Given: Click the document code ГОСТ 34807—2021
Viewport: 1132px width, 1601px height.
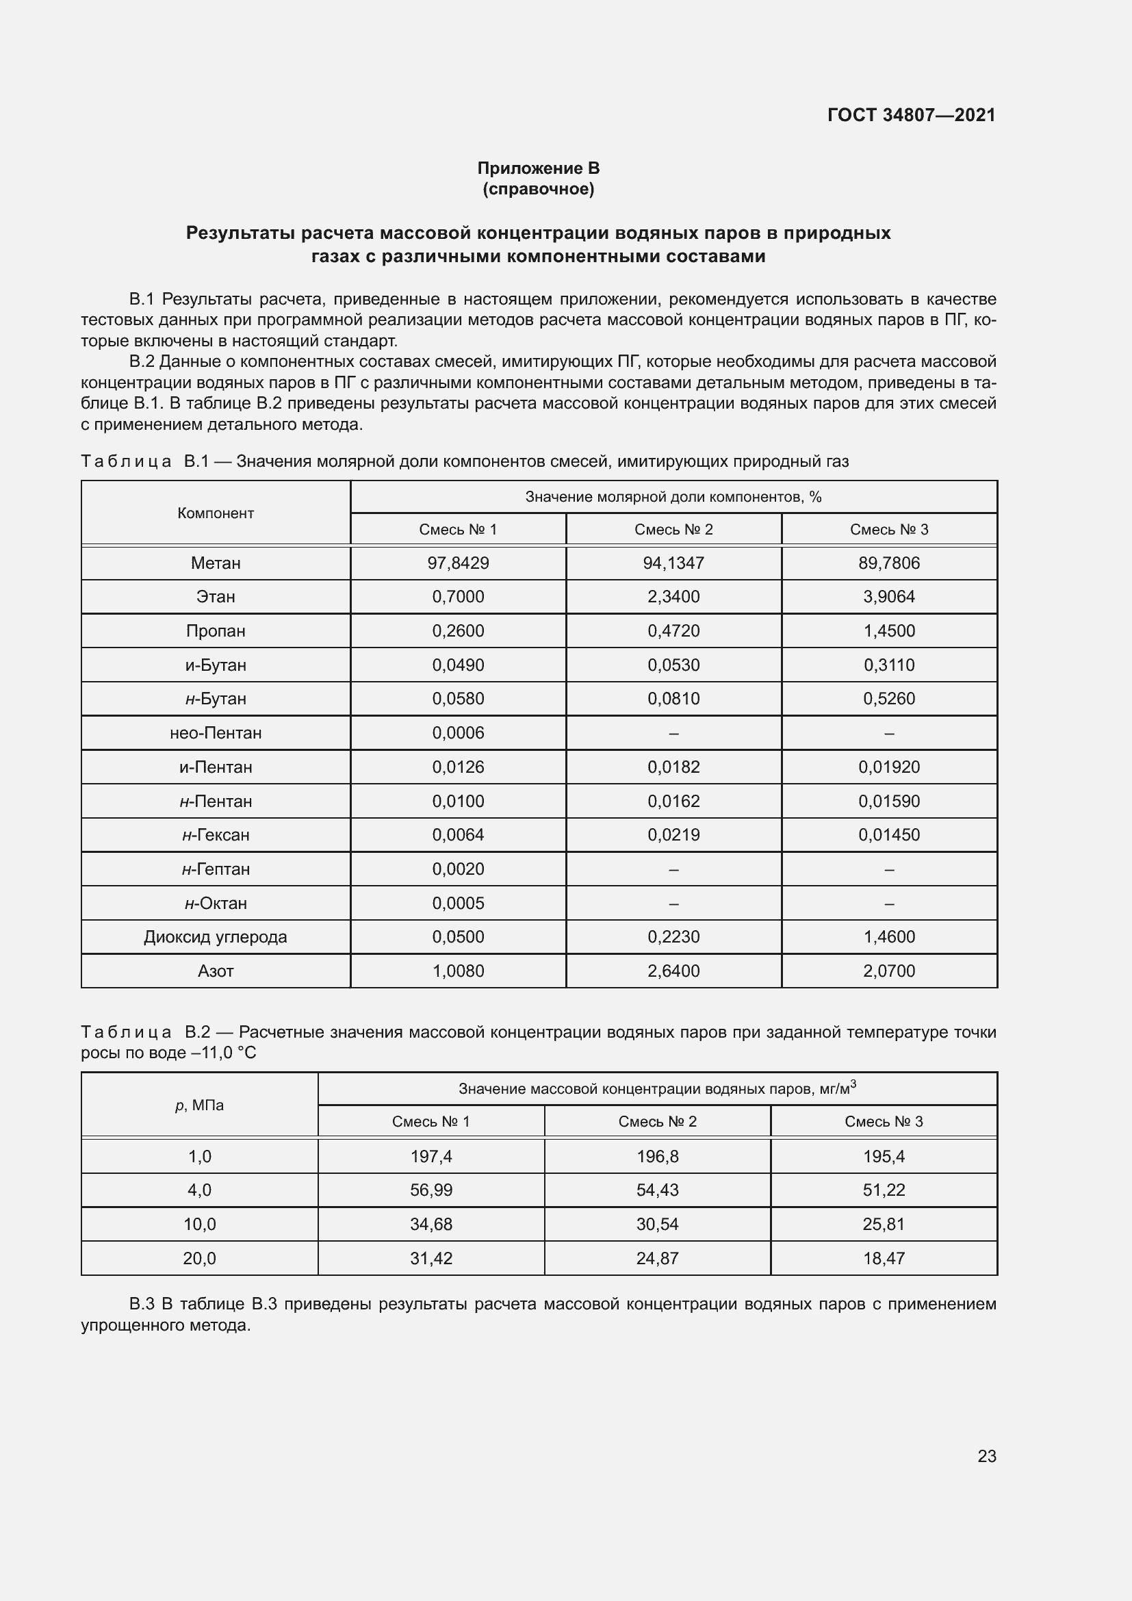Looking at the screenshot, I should point(911,115).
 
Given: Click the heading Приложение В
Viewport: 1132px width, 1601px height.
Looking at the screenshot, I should point(538,168).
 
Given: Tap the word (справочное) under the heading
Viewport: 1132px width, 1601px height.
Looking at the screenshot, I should point(538,189).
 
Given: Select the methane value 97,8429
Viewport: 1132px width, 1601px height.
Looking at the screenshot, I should point(458,563).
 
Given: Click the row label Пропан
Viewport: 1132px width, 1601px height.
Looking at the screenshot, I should point(216,630).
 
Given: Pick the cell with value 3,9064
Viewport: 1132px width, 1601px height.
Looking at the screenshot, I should point(889,596).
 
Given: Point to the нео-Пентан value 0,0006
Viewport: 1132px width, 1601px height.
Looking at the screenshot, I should point(458,733).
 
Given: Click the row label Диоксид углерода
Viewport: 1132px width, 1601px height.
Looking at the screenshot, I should point(216,936).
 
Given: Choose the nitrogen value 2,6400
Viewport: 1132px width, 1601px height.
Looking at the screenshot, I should point(673,971).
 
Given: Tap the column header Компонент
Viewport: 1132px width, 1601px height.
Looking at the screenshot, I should point(216,513).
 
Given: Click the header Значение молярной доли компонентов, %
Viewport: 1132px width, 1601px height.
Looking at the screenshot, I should point(673,496).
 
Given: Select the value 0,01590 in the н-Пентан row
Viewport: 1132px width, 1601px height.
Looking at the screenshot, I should point(889,802).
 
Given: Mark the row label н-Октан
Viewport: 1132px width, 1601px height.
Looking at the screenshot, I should point(216,903).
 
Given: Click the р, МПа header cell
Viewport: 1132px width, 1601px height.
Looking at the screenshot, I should point(199,1105).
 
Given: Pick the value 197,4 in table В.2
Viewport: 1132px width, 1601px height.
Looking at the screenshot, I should point(430,1156).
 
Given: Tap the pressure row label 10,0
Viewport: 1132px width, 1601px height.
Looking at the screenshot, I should point(199,1224).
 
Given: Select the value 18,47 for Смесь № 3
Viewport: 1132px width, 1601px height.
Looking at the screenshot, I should point(883,1258).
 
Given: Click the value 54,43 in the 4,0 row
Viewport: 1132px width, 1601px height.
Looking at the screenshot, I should point(656,1190).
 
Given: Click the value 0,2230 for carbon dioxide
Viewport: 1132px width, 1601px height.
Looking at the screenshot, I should point(673,936).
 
